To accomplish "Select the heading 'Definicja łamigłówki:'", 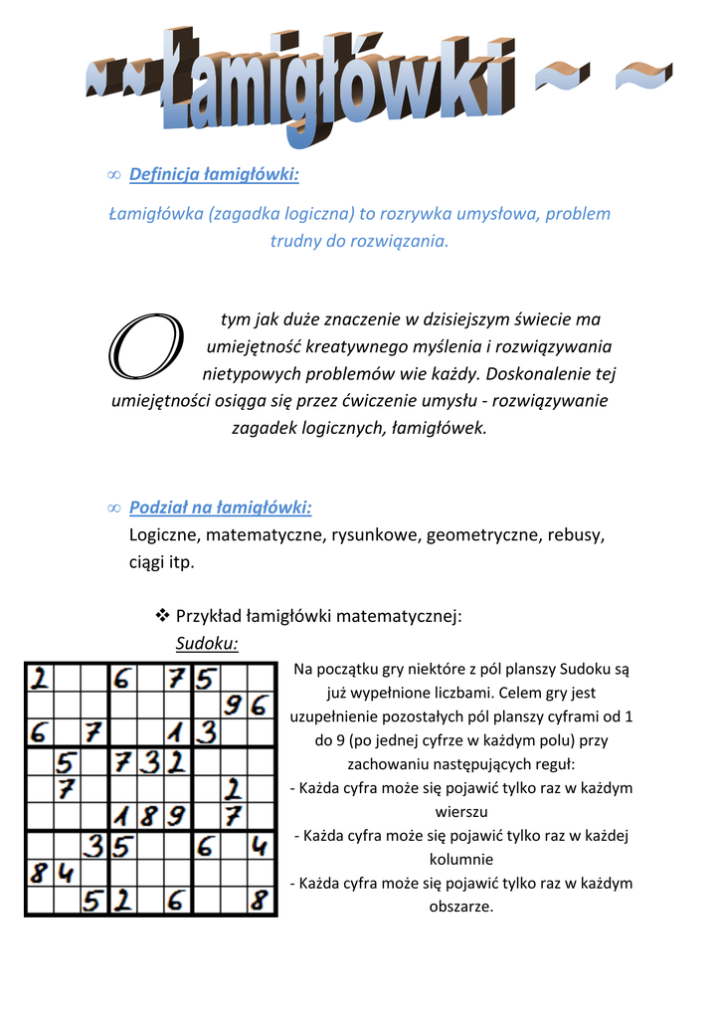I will click(x=214, y=175).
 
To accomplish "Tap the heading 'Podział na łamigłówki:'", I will click(x=220, y=508).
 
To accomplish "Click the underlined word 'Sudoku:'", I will click(x=207, y=643).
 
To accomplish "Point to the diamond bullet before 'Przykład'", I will click(x=163, y=617).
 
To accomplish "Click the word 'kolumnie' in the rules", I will click(x=461, y=859).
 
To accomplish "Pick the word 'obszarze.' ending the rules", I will click(x=461, y=907).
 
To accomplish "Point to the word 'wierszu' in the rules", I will click(x=461, y=811).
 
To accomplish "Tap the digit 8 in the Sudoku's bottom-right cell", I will click(x=261, y=902).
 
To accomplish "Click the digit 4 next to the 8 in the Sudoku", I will click(x=67, y=874).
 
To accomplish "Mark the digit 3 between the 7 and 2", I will click(x=150, y=762).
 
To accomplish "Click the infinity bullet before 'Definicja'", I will click(x=112, y=176).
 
